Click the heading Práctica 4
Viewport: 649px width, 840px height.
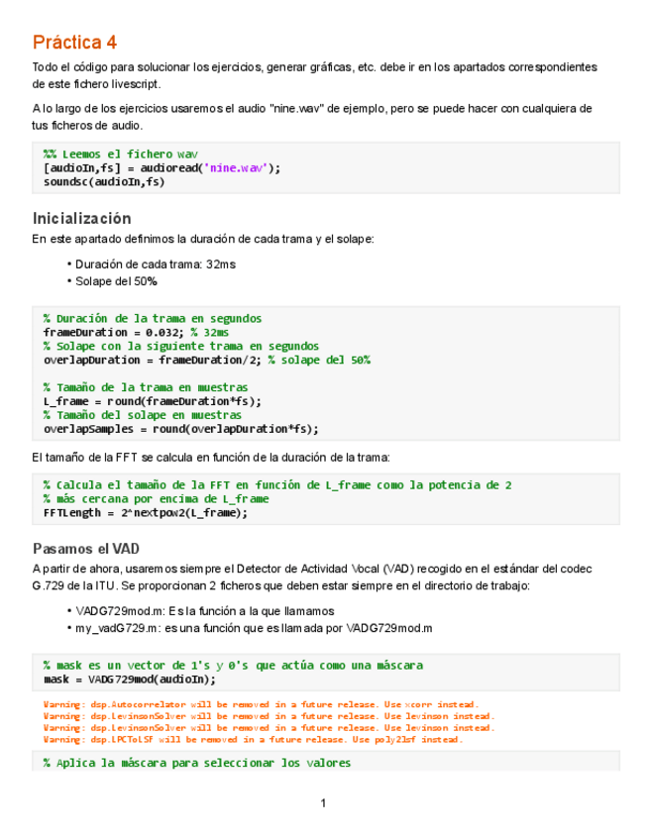pyautogui.click(x=74, y=43)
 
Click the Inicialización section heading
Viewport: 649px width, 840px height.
pyautogui.click(x=81, y=218)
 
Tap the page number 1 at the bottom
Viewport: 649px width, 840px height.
pyautogui.click(x=323, y=802)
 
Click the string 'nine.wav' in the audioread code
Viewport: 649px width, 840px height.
pyautogui.click(x=236, y=168)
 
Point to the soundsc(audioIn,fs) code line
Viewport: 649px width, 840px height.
pyautogui.click(x=104, y=182)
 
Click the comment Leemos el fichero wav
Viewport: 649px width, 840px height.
pyautogui.click(x=121, y=155)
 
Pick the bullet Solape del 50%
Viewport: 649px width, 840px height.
pyautogui.click(x=116, y=281)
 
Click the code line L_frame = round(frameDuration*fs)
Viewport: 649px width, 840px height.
pyautogui.click(x=153, y=401)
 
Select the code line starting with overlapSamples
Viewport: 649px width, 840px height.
pyautogui.click(x=181, y=429)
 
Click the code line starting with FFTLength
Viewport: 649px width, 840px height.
pyautogui.click(x=146, y=513)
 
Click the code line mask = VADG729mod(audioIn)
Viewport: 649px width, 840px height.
pyautogui.click(x=130, y=680)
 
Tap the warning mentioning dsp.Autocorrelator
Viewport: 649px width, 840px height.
pyautogui.click(x=253, y=704)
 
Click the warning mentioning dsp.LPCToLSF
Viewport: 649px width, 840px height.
pyautogui.click(x=253, y=739)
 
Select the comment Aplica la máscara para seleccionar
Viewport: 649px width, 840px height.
pyautogui.click(x=196, y=763)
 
